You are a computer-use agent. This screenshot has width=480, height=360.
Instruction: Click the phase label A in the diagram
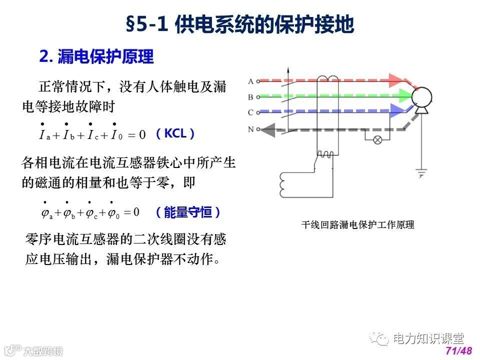251,80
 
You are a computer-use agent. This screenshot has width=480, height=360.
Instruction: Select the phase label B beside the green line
251,96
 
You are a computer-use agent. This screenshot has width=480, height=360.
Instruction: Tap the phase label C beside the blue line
251,112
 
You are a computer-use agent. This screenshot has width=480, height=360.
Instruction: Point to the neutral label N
251,129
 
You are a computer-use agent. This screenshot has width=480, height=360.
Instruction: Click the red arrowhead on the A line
396,80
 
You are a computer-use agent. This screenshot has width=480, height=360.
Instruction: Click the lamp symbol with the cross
378,139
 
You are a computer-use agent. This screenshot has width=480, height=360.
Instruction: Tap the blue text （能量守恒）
187,212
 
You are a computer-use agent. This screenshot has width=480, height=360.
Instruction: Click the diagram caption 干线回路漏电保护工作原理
357,225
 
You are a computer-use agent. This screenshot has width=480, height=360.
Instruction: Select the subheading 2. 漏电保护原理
96,56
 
